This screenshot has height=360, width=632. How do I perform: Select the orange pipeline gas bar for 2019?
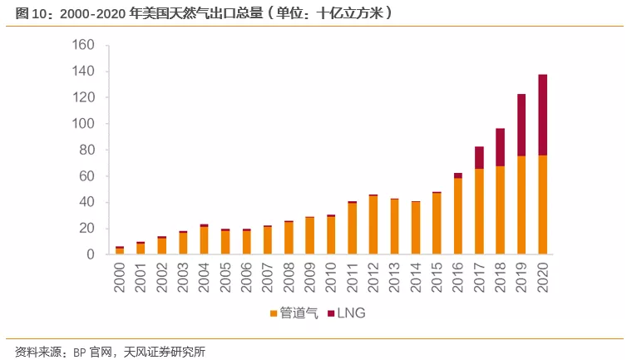coord(521,205)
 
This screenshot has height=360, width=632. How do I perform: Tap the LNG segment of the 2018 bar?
coord(501,147)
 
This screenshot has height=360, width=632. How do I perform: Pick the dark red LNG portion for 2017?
coord(480,158)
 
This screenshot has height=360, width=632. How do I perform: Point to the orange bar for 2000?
coord(120,251)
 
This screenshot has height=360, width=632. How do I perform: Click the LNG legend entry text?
coord(353,313)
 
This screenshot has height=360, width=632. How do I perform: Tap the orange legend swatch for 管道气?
coord(274,314)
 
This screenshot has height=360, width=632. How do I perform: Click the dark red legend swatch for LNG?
coord(332,314)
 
